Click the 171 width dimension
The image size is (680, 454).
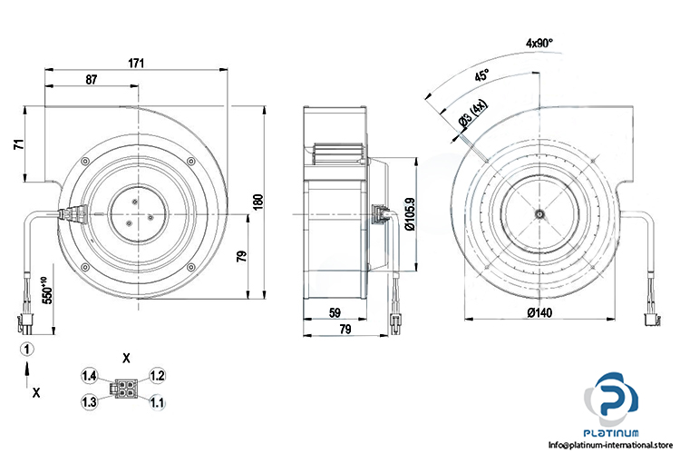coord(136,64)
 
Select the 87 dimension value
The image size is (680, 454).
coord(92,80)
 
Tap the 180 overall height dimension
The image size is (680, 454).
coord(257,201)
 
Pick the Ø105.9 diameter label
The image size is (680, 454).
coord(410,215)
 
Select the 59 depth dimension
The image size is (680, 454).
coord(335,313)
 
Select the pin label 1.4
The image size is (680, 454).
coord(88,375)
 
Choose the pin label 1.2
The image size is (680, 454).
coord(157,375)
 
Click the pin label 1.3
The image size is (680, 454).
coord(88,401)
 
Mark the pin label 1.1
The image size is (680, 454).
coord(157,401)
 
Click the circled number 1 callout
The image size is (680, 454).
coord(28,348)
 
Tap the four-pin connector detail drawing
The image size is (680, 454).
coord(122,388)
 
